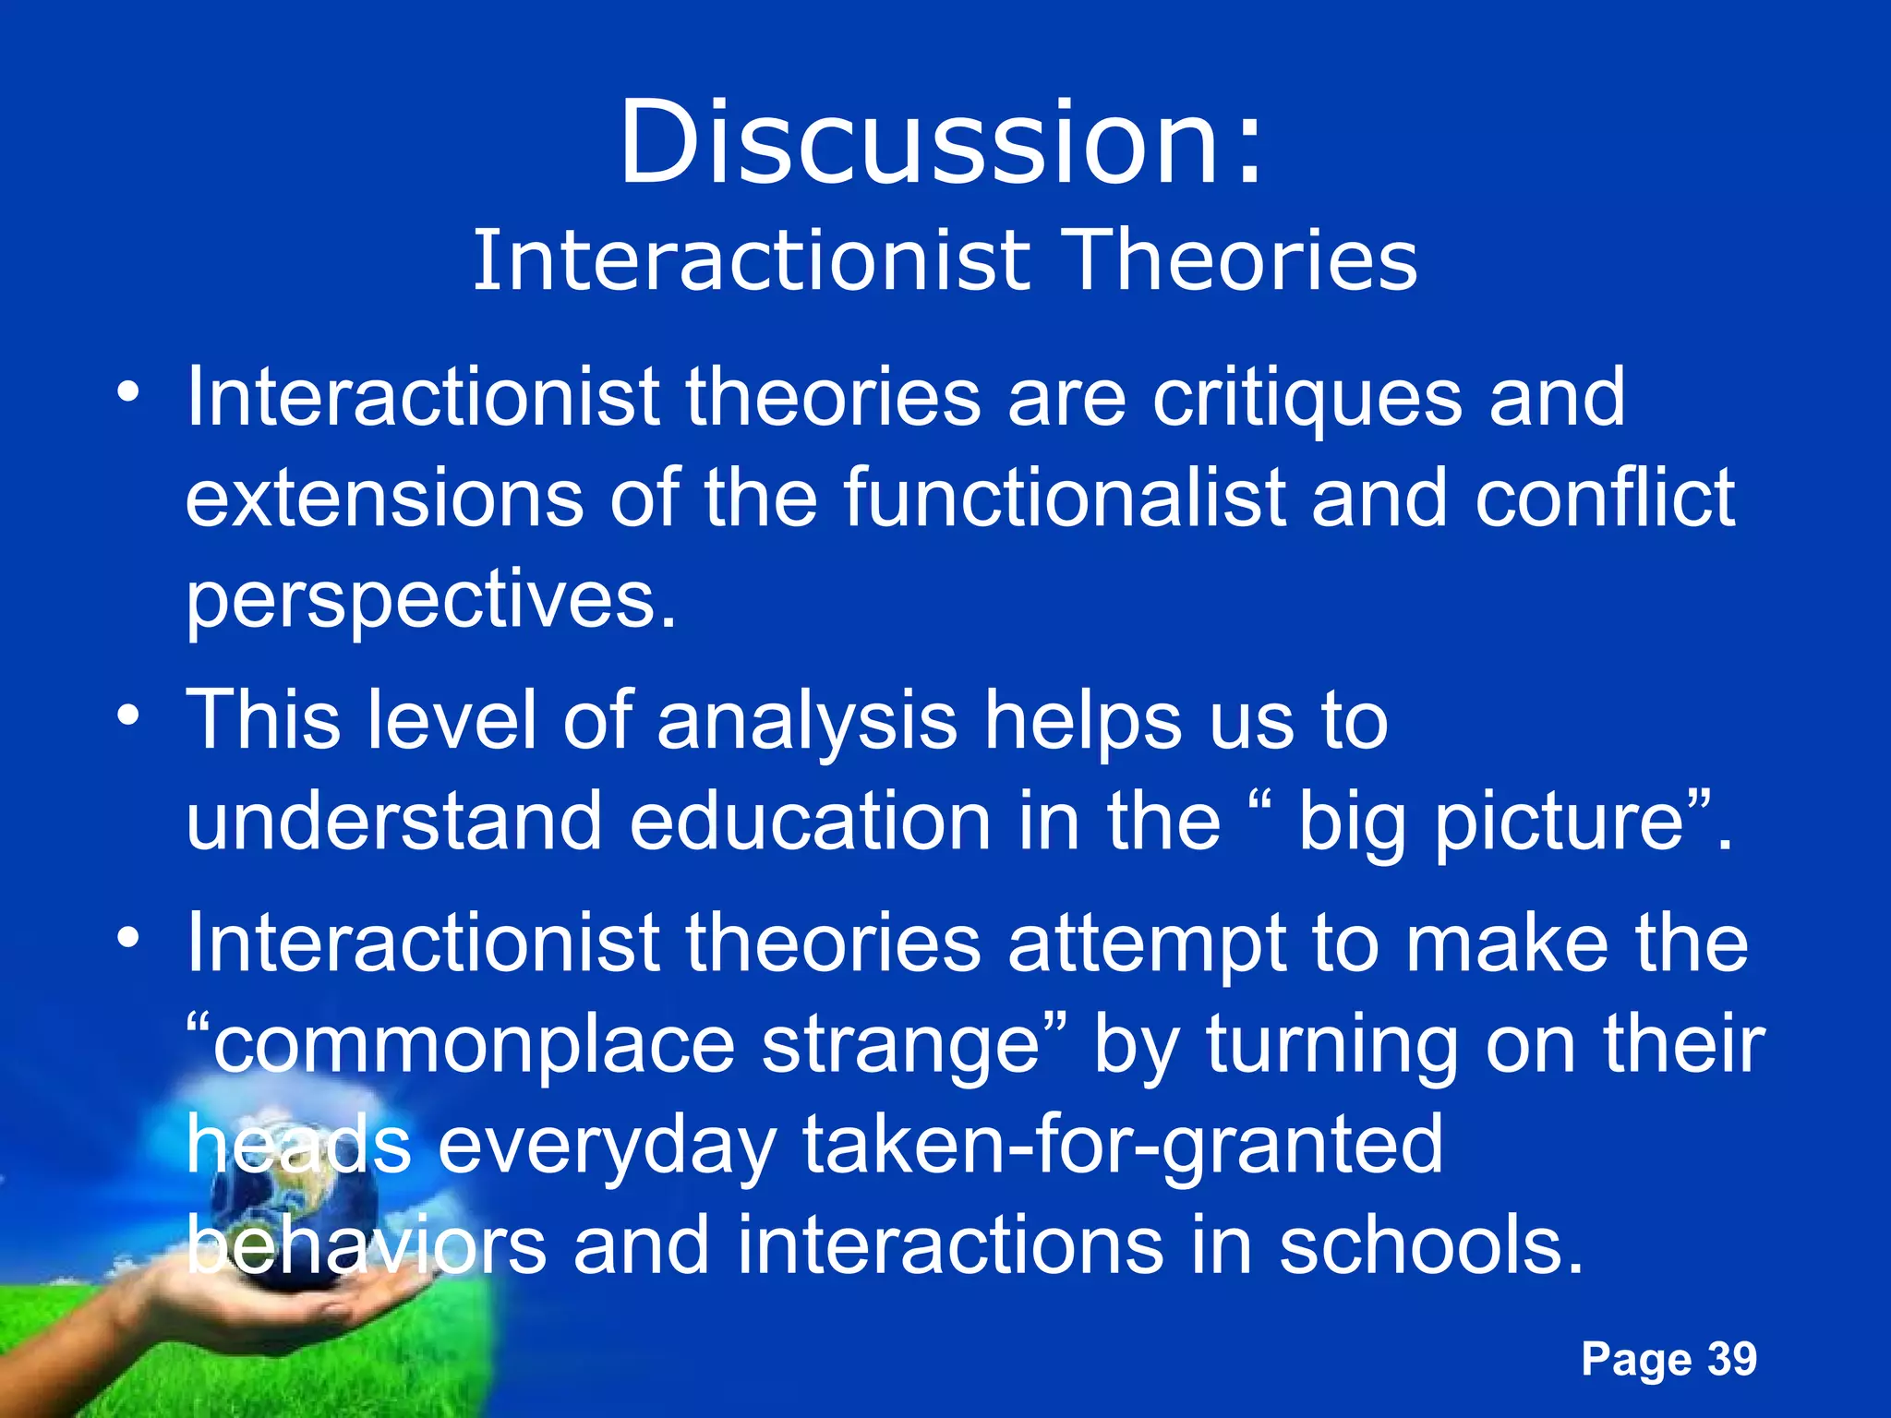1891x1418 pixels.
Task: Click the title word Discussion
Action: pyautogui.click(x=923, y=143)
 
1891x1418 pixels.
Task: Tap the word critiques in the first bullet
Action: pyautogui.click(x=1307, y=399)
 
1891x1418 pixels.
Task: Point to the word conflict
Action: pyautogui.click(x=1605, y=499)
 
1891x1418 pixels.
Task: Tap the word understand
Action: pyautogui.click(x=393, y=822)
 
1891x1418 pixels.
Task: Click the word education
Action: pyautogui.click(x=811, y=822)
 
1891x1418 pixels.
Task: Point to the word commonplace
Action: pyautogui.click(x=471, y=1047)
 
